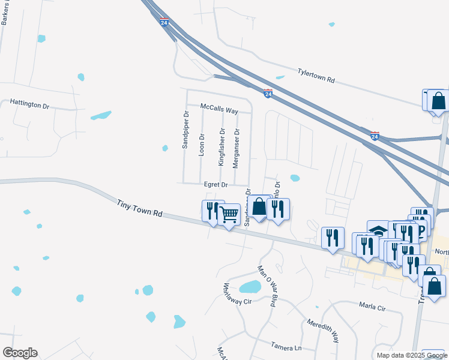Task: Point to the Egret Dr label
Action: point(216,185)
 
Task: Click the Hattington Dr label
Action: point(29,103)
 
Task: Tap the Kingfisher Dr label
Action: point(221,147)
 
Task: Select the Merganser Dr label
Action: point(237,147)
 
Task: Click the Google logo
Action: point(20,353)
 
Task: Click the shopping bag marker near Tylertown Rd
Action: point(438,100)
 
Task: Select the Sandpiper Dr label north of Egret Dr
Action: point(186,129)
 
